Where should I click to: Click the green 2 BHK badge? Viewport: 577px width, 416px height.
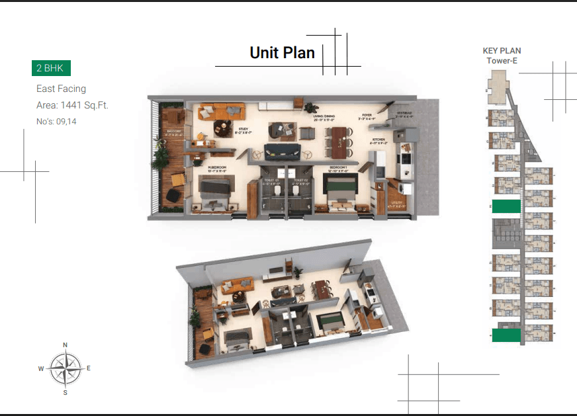tap(51, 68)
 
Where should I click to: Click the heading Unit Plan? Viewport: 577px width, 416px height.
tap(282, 53)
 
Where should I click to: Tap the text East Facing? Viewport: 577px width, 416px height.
tap(61, 89)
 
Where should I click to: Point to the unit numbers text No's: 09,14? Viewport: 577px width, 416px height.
tap(56, 121)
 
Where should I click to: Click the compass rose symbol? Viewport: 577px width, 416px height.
tap(66, 368)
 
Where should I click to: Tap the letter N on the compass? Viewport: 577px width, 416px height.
tap(65, 345)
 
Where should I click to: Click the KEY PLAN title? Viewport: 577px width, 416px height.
tap(502, 50)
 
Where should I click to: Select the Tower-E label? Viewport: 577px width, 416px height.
tap(502, 61)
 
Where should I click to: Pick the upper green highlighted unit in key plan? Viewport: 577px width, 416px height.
tap(506, 206)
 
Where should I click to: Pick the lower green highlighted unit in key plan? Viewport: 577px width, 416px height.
tap(506, 335)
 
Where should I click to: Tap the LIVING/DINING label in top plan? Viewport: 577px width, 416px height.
tap(324, 117)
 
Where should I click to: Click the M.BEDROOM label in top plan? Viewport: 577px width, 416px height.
tap(216, 167)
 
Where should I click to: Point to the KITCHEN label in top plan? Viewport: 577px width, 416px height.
tap(378, 140)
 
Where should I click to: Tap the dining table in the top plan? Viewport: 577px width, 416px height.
tap(339, 140)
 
